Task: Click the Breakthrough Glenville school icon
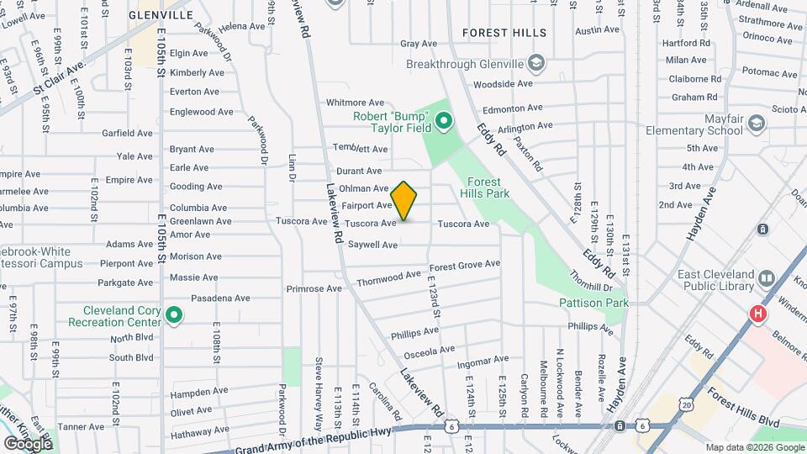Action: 535,64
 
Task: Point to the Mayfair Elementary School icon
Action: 755,124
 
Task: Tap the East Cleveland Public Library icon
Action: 766,278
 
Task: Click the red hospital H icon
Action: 757,314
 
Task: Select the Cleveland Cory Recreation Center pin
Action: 174,316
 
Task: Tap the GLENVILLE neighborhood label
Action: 161,15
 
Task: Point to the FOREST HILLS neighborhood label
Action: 504,33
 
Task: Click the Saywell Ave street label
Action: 372,245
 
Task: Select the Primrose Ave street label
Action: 314,288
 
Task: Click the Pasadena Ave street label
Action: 221,298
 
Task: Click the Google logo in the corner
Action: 27,443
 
